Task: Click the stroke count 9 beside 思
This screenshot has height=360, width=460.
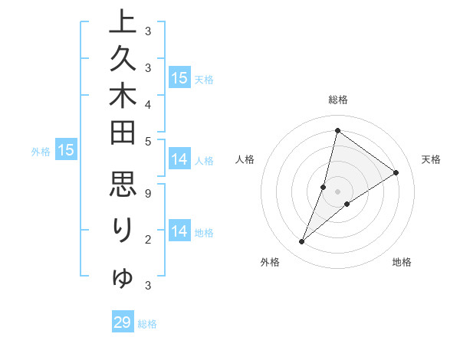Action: click(x=147, y=194)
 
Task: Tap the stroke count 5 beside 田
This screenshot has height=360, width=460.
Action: click(x=147, y=140)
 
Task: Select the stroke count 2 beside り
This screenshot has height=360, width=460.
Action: click(x=147, y=240)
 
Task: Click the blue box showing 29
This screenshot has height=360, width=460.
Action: click(x=123, y=322)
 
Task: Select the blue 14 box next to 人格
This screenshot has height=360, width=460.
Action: click(x=179, y=159)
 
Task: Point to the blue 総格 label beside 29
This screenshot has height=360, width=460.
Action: click(x=147, y=324)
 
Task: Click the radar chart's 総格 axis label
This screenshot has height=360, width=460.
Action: click(x=338, y=100)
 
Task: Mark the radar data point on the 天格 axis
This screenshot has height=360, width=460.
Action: click(x=396, y=172)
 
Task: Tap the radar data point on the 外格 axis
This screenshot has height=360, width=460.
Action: click(x=301, y=242)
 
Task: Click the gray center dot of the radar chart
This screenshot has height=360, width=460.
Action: click(x=338, y=191)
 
